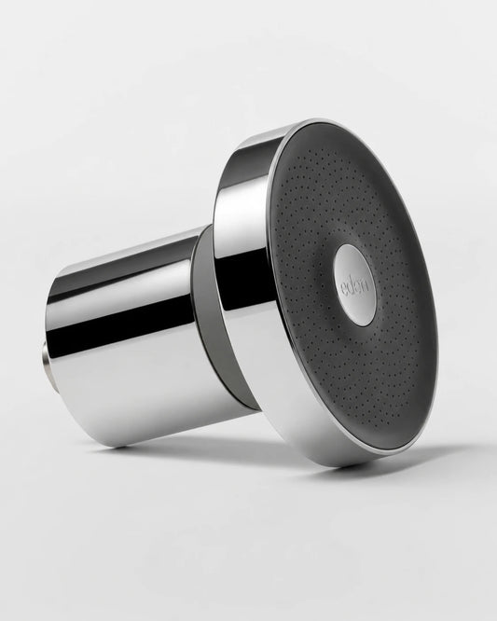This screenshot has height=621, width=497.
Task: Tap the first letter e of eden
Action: click(x=344, y=289)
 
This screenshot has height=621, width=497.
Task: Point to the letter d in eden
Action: click(x=352, y=286)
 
